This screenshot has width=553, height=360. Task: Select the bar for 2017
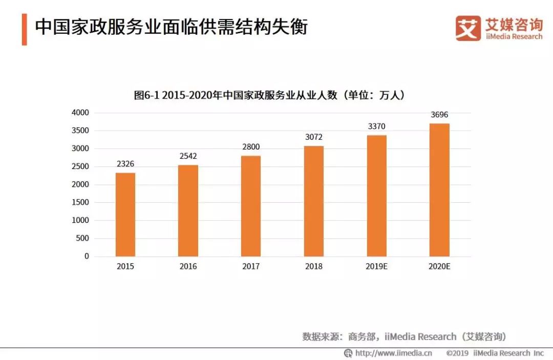click(x=251, y=206)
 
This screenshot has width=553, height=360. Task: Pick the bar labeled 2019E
click(x=376, y=196)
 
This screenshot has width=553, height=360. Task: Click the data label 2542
click(x=188, y=156)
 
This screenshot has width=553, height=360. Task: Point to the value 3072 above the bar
click(x=313, y=137)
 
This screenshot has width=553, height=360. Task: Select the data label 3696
click(x=439, y=115)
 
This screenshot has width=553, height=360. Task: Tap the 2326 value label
click(x=125, y=164)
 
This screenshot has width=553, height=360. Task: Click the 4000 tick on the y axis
click(x=80, y=113)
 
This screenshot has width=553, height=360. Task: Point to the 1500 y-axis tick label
click(x=80, y=202)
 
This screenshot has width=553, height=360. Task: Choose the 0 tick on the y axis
click(x=87, y=256)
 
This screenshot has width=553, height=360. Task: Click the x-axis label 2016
click(x=188, y=267)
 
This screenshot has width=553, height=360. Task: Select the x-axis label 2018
click(x=313, y=267)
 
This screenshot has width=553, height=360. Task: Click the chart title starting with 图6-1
click(x=269, y=95)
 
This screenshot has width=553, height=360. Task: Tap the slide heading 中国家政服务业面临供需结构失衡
click(x=171, y=27)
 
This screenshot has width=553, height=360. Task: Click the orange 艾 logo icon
click(x=468, y=28)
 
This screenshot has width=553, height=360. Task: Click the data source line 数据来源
click(x=404, y=336)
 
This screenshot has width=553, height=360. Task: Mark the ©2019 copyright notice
click(x=495, y=353)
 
